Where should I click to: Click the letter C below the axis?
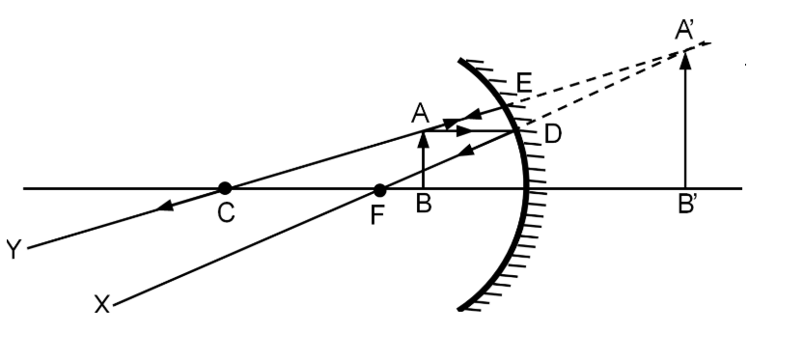[x=226, y=212]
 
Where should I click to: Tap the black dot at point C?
[x=225, y=188]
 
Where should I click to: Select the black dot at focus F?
[x=379, y=190]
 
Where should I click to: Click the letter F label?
[x=377, y=215]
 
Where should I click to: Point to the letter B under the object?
[x=424, y=204]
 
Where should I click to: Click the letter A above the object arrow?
[x=420, y=113]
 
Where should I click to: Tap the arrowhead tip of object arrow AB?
[x=424, y=132]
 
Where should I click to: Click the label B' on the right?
[x=687, y=204]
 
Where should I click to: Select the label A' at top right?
[x=684, y=30]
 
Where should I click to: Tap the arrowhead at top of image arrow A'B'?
[x=685, y=52]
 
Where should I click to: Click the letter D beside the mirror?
[x=553, y=134]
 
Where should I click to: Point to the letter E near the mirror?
[x=524, y=83]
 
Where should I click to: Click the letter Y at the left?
[x=14, y=250]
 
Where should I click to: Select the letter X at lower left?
[x=102, y=304]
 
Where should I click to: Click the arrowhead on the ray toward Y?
[x=164, y=206]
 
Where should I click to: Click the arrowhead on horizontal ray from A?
[x=464, y=131]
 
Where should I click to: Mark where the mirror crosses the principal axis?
[x=525, y=189]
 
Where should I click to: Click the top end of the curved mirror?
[x=459, y=61]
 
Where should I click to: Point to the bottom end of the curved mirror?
[x=459, y=308]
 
